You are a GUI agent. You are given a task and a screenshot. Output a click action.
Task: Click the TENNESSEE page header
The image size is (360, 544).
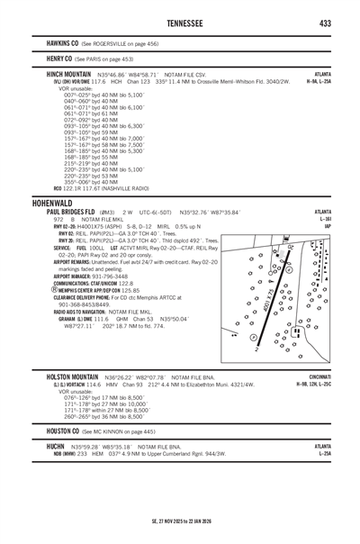tap(179, 22)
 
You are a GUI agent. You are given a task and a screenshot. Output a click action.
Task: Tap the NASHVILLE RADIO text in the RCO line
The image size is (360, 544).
tap(125, 189)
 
